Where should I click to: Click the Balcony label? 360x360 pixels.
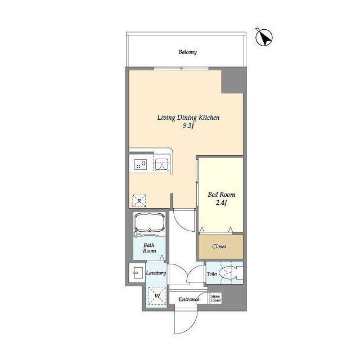187,52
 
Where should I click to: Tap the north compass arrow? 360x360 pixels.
264,38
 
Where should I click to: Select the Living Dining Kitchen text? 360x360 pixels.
188,118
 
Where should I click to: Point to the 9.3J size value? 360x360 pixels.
188,125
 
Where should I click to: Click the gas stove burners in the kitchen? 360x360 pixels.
141,164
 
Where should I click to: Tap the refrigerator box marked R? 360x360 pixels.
139,201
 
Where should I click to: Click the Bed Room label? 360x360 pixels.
222,195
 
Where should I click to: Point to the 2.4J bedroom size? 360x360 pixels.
221,202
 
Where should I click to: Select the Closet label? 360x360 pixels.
219,246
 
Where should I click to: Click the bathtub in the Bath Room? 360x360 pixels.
150,223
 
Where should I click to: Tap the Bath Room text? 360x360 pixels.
150,248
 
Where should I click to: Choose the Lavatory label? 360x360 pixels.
156,273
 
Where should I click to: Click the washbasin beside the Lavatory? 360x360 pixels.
137,273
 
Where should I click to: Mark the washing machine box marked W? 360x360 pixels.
157,296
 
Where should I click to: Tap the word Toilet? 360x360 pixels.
212,274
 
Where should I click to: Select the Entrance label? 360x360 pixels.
189,299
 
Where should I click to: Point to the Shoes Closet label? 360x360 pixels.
216,298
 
